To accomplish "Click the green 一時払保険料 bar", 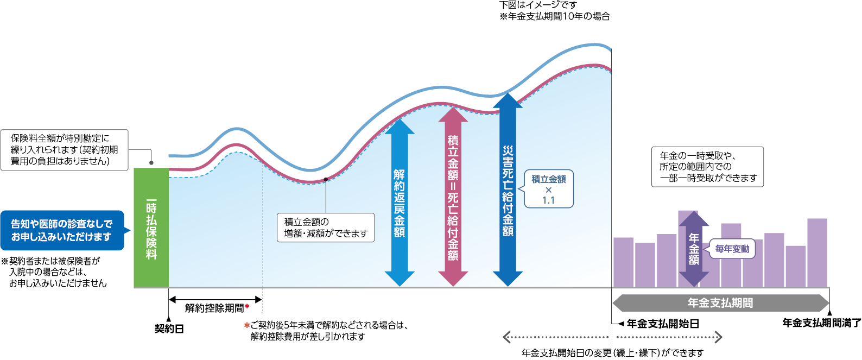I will click(151, 228).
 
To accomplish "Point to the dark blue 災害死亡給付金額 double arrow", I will click(508, 190).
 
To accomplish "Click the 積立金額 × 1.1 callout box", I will click(548, 189).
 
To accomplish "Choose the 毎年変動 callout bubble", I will click(732, 249).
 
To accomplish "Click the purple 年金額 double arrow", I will click(694, 249).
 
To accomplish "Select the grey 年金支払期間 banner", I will click(720, 303).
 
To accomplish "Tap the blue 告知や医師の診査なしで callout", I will click(62, 230).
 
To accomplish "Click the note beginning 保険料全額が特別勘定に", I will click(64, 150).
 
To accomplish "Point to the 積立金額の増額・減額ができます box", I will click(326, 228).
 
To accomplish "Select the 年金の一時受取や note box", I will click(707, 167).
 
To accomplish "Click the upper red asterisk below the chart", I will click(247, 306).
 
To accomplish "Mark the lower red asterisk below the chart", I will click(247, 325).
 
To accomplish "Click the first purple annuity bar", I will click(623, 262).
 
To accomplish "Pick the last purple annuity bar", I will click(817, 252).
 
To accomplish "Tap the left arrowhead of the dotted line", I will click(506, 337).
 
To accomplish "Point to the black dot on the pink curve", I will click(326, 180).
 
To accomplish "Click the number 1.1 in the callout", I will click(548, 200).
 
